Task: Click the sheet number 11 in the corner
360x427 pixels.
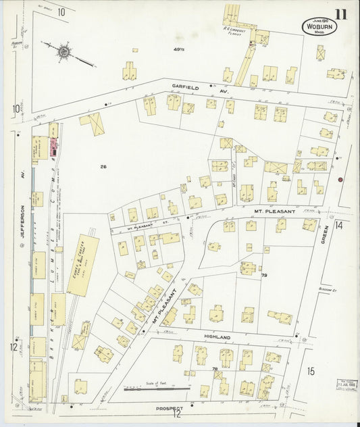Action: (x=340, y=14)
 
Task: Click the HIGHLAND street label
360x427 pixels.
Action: (x=217, y=336)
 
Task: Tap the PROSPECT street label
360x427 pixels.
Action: (x=168, y=408)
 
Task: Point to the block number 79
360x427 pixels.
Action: (x=264, y=276)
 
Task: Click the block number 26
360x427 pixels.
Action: (x=103, y=166)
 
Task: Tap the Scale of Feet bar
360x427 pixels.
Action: (x=156, y=388)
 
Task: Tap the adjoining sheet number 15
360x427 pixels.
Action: (x=311, y=371)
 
